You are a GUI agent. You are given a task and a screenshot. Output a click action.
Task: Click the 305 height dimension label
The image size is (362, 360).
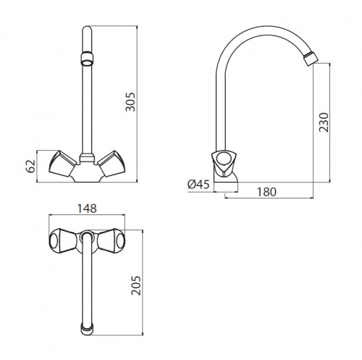[x=130, y=102]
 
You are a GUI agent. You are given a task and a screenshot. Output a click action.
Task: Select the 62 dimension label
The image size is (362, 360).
[x=30, y=166]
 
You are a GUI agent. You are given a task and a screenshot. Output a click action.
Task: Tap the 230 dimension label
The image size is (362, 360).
[x=324, y=122]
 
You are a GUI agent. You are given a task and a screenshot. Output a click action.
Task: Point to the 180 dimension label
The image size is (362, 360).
[x=266, y=192]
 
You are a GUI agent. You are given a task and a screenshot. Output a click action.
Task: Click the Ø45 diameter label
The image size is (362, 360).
[x=198, y=185]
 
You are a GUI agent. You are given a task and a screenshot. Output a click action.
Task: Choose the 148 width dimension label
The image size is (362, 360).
[x=87, y=209]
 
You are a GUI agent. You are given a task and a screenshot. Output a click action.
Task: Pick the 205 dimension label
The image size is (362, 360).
[x=136, y=285]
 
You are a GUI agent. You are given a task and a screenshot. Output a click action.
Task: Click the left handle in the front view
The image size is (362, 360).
[x=62, y=163]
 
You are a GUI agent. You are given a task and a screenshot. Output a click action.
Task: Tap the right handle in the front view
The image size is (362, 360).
[x=111, y=163]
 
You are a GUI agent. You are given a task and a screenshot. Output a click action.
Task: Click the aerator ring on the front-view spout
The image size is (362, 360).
[x=87, y=59]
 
